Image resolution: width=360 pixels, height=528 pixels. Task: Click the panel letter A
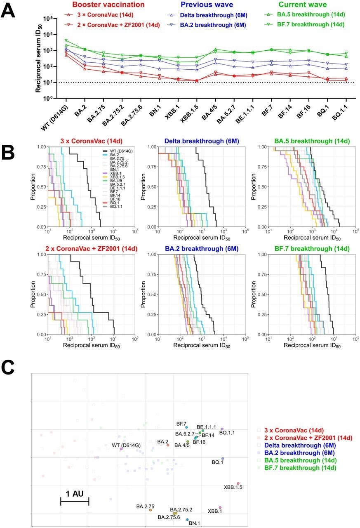click(9, 9)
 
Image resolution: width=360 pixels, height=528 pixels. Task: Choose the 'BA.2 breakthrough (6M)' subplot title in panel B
click(193, 247)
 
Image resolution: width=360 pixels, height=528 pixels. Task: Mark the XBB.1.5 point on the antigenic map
click(238, 483)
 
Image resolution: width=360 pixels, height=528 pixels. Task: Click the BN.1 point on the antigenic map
click(188, 520)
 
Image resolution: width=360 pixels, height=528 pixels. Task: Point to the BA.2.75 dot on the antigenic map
click(151, 510)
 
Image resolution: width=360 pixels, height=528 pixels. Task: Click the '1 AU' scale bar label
click(75, 494)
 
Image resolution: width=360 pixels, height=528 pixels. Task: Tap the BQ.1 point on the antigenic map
click(223, 459)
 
